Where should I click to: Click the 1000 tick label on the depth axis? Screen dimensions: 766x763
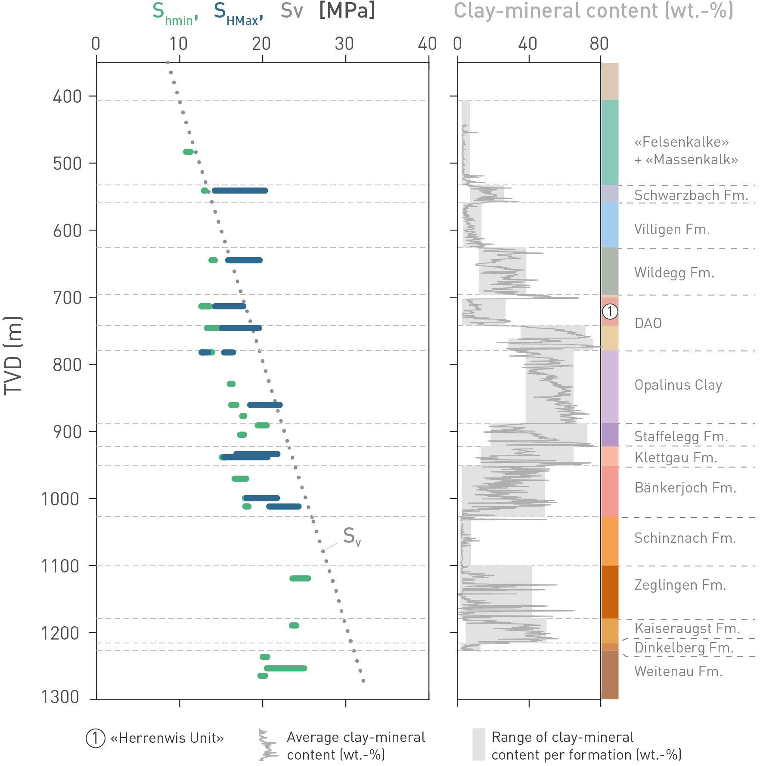(x=60, y=499)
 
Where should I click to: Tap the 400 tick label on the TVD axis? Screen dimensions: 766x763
(x=67, y=97)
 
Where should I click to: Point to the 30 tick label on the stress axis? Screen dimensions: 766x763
(x=344, y=44)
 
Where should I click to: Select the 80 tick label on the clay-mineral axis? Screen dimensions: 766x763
(x=599, y=44)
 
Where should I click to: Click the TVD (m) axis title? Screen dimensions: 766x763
(x=13, y=355)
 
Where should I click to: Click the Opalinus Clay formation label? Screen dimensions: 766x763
(x=678, y=385)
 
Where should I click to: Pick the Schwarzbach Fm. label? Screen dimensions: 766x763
(x=691, y=195)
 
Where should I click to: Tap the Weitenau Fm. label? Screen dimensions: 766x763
(x=678, y=671)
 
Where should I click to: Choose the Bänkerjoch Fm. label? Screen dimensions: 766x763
(x=685, y=488)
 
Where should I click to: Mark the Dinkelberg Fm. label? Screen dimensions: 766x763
(x=684, y=648)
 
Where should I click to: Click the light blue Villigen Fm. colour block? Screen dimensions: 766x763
(x=610, y=225)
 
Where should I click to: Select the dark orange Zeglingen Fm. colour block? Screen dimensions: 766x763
(x=610, y=592)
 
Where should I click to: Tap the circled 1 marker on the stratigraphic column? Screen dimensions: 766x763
(x=610, y=311)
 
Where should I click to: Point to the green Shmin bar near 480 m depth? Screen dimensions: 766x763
(x=188, y=152)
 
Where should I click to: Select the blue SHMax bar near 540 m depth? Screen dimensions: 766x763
(x=240, y=191)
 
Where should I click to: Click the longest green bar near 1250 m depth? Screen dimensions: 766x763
(x=285, y=668)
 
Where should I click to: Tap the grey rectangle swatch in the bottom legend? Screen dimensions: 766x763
(x=478, y=744)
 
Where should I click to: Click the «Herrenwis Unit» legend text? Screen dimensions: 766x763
(x=167, y=738)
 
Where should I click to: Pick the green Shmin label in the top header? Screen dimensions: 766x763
(x=174, y=13)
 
